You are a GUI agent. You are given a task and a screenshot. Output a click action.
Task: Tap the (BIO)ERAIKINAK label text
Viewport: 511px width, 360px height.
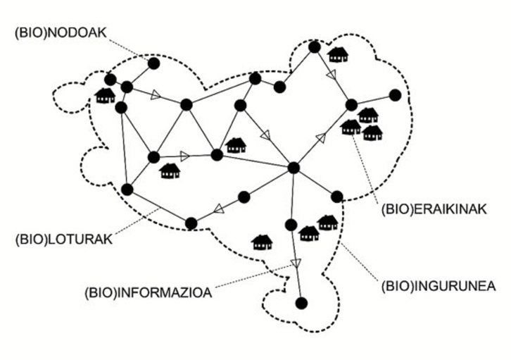429,209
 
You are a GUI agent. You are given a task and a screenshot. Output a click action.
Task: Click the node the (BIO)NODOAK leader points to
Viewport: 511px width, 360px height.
153,63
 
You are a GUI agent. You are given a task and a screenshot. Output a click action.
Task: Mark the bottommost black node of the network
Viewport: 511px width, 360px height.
301,303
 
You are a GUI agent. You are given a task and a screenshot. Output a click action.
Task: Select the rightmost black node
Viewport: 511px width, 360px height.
395,94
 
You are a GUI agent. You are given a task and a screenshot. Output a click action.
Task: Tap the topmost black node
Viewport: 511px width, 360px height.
315,47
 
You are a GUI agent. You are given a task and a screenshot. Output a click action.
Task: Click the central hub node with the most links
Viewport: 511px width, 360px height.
294,168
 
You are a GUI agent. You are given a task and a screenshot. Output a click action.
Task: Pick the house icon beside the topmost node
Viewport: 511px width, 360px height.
339,54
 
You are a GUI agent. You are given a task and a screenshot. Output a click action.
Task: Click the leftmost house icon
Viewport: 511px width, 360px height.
105,95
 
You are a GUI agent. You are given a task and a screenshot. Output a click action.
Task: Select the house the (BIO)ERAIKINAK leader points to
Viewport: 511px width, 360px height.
351,128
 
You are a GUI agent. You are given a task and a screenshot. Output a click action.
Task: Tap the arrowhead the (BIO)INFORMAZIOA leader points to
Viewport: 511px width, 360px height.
296,263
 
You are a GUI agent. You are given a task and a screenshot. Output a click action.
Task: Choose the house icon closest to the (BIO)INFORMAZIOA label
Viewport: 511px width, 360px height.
262,242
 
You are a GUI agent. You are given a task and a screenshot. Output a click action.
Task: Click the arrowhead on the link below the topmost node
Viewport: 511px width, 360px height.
331,73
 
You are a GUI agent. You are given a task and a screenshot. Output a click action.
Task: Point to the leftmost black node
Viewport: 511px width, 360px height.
110,79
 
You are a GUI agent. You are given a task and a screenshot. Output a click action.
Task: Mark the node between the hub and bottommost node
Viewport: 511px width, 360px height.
291,225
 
